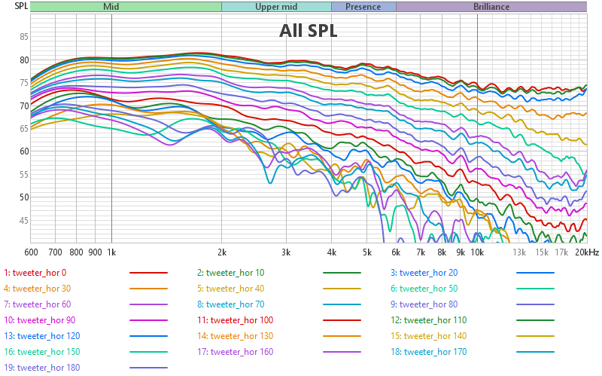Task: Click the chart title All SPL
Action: tap(308, 31)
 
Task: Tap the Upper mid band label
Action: tap(276, 7)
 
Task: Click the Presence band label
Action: tap(363, 7)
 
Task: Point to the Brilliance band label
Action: tap(491, 7)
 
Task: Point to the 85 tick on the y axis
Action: tap(24, 37)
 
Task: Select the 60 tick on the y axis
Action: tap(24, 151)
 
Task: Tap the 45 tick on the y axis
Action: tap(24, 220)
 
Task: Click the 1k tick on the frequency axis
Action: tap(111, 252)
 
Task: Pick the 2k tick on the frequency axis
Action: tap(222, 252)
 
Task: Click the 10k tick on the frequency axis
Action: tap(477, 252)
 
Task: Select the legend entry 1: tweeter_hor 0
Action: tap(35, 273)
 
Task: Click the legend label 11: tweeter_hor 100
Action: tap(236, 320)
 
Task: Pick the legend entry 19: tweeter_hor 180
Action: tap(42, 368)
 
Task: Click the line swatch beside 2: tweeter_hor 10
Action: tap(342, 273)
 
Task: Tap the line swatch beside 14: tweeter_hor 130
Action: tap(342, 336)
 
